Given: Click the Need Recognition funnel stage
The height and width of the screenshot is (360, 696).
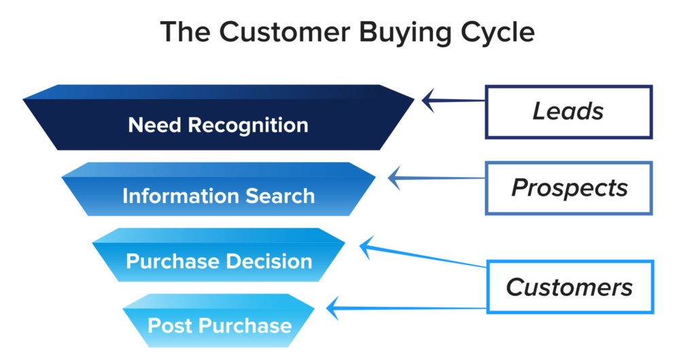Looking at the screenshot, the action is tap(218, 118).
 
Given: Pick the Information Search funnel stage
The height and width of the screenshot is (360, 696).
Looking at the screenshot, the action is tap(218, 190).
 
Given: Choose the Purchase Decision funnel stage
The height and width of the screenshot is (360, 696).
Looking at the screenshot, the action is tap(218, 255).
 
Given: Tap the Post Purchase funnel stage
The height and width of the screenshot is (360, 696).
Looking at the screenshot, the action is tap(218, 321).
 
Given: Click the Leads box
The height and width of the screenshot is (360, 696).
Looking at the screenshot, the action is tap(569, 111).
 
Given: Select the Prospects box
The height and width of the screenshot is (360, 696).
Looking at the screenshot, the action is tap(569, 188).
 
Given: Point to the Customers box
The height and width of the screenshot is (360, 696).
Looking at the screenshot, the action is tap(570, 287).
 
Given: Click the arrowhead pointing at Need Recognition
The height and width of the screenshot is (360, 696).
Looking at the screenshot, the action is tap(428, 101).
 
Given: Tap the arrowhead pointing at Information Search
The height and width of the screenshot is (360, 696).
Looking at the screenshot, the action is tap(394, 178).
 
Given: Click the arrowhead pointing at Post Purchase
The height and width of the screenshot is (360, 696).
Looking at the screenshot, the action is tap(333, 308).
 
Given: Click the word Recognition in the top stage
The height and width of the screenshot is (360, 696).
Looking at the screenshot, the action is tap(248, 126).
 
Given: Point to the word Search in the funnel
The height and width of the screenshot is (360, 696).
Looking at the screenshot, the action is tap(280, 196).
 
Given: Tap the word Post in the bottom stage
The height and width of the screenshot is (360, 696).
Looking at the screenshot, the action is tap(167, 326).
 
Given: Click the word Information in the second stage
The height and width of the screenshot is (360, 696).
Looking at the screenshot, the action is tap(181, 196).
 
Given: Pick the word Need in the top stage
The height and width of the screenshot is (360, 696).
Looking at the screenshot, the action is tap(155, 125).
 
